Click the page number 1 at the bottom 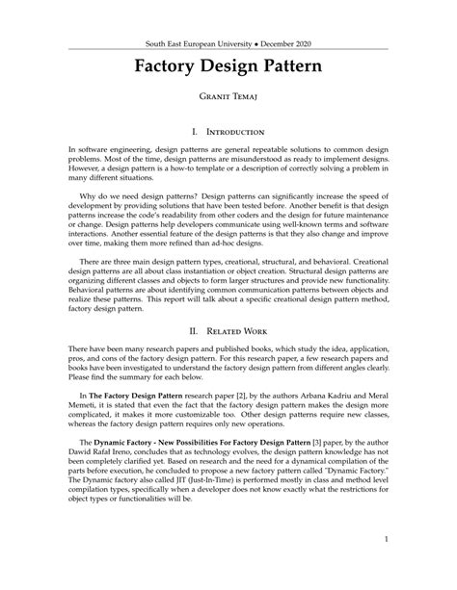pyautogui.click(x=386, y=539)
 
